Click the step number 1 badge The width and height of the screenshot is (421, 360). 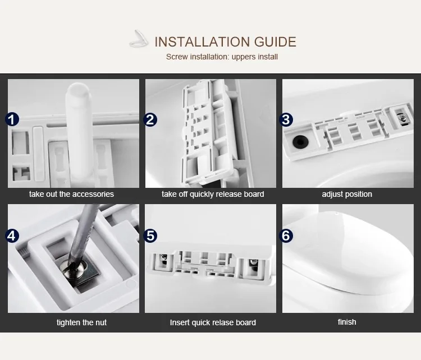[12, 119]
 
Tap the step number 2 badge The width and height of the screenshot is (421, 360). [150, 119]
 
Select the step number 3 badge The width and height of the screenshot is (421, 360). [286, 119]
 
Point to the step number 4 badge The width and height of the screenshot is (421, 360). [12, 236]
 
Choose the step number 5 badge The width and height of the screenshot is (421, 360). [150, 236]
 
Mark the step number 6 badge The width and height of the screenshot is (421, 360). [286, 236]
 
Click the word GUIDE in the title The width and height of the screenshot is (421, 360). [275, 42]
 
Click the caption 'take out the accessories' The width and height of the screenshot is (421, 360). [71, 194]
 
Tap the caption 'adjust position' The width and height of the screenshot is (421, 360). [347, 194]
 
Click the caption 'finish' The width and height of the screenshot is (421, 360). [347, 322]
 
